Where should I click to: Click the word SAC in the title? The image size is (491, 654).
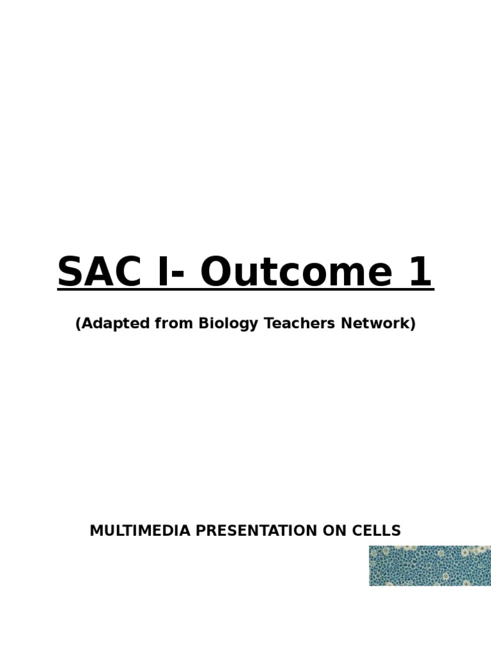[99, 271]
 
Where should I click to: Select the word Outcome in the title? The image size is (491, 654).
[297, 271]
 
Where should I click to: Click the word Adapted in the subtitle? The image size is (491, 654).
[115, 324]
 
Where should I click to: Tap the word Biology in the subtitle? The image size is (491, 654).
[228, 324]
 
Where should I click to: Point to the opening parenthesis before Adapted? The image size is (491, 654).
[77, 324]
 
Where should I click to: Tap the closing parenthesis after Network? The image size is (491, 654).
[413, 324]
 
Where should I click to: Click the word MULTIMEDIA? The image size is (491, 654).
[140, 531]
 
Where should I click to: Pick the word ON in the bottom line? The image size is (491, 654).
[335, 531]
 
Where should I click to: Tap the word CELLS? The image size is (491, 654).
[376, 531]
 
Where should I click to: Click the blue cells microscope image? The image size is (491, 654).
[430, 566]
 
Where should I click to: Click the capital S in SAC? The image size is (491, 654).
[70, 271]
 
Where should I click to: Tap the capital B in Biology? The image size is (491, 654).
[204, 323]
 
